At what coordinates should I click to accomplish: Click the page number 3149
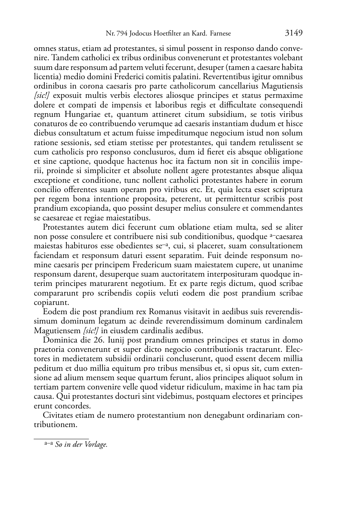coord(294,33)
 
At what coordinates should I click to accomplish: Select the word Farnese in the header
coord(220,34)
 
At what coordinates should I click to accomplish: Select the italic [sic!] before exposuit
coord(41,96)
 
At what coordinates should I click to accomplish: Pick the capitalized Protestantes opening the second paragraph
coord(63,227)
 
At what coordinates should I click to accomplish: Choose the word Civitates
coord(59,415)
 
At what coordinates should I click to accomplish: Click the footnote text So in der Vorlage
coord(81,445)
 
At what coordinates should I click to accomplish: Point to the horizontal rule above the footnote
coord(61,438)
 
